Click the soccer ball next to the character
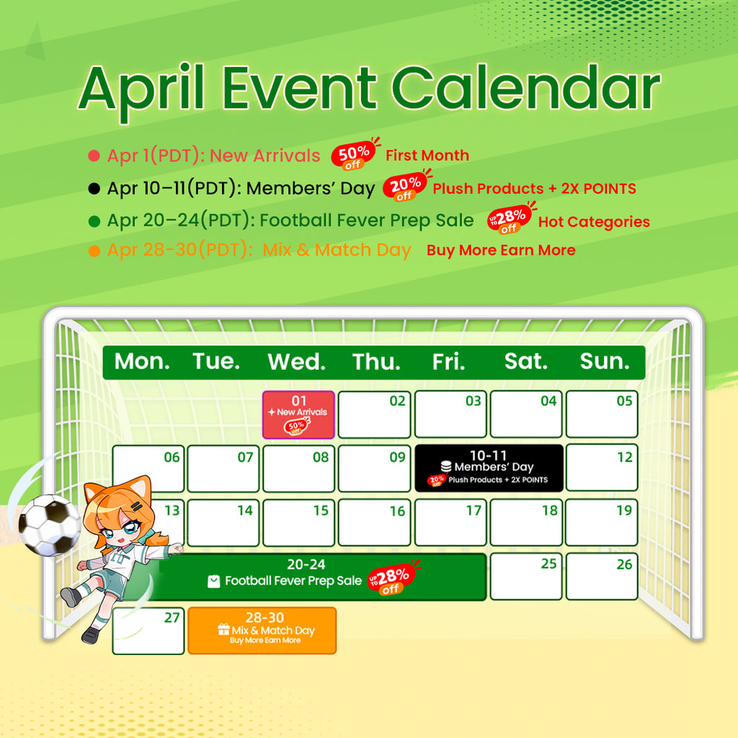tap(49, 524)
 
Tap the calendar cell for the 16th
tap(374, 523)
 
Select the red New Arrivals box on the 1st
tap(298, 415)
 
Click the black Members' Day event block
tap(488, 468)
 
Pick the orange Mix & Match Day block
tap(262, 631)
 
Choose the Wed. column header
tap(296, 362)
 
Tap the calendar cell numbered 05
tap(602, 414)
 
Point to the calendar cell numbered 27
tap(148, 631)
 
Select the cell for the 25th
tap(526, 577)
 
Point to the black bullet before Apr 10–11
tap(94, 189)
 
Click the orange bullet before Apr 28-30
tap(94, 251)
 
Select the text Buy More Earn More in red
tap(501, 251)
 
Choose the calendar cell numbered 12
tap(602, 468)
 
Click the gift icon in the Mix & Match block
tap(223, 630)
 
